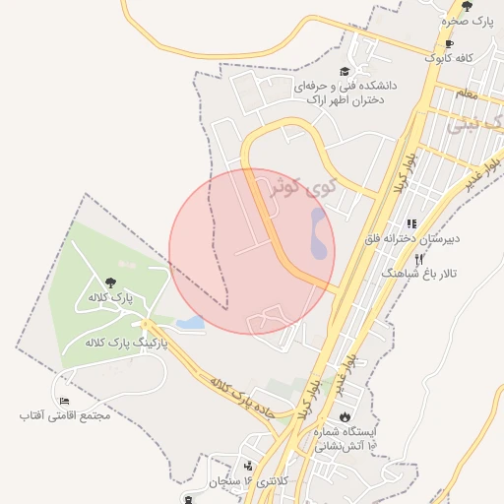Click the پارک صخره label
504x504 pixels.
[x=467, y=21]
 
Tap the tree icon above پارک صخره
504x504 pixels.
[x=467, y=7]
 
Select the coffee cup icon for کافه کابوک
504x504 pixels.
[x=449, y=44]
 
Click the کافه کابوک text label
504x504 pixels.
[x=449, y=58]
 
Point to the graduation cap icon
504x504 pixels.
[x=344, y=71]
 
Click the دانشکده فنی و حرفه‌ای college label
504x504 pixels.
[x=346, y=93]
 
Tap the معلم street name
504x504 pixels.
[x=468, y=94]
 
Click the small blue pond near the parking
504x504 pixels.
[x=190, y=322]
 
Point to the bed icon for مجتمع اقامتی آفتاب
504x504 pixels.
[x=64, y=402]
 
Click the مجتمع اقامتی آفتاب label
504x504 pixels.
[x=64, y=415]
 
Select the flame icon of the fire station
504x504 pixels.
[x=346, y=416]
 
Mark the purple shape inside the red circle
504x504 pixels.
[x=318, y=233]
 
